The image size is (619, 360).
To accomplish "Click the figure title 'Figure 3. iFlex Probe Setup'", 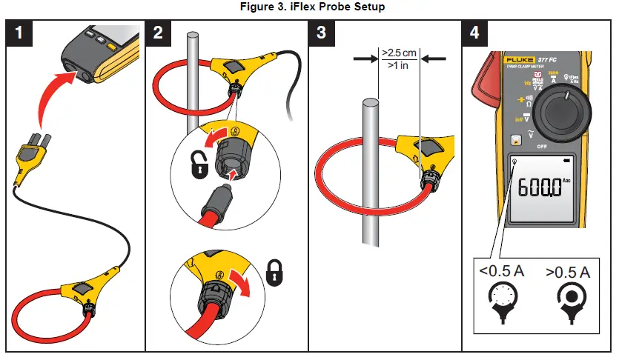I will pos(309,7).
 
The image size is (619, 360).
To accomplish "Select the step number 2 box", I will pos(159,33).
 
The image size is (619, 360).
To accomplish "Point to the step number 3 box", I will pos(322,33).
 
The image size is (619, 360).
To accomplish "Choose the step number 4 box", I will pos(475,33).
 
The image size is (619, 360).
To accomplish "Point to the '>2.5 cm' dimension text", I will pos(399,53).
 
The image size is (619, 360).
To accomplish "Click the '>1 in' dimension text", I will pos(399,66).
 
